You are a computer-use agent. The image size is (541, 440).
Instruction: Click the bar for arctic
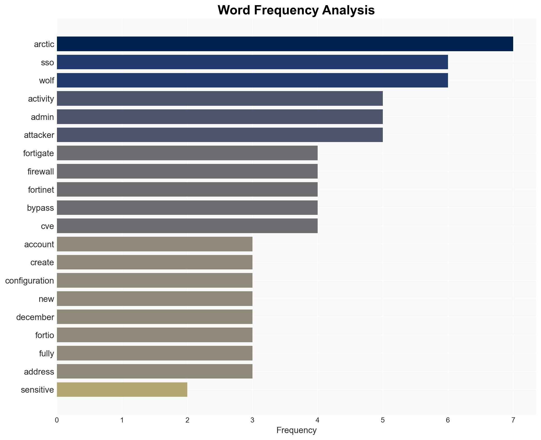pos(285,44)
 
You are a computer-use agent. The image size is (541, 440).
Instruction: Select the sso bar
pos(252,62)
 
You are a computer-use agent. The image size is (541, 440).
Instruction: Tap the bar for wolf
pos(252,80)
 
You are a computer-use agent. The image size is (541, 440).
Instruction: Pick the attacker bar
pos(219,135)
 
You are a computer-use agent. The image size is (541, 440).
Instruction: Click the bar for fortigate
pos(187,153)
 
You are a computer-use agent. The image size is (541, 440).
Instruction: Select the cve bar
pos(187,226)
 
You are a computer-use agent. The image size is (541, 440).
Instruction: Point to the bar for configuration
pos(155,280)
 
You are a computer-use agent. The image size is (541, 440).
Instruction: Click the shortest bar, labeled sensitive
pos(122,390)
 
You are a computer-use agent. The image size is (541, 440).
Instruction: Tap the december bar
pos(155,317)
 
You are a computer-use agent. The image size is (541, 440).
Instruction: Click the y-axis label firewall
pos(41,172)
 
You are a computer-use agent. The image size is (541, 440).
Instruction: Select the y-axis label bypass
pos(40,208)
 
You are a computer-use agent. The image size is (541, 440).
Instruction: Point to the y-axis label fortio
pos(45,335)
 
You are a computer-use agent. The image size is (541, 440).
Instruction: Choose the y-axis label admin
pos(42,117)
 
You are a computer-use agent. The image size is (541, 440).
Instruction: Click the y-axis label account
pos(39,244)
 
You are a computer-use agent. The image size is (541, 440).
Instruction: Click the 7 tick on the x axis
pos(513,420)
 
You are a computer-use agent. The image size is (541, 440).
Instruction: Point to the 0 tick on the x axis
pos(57,420)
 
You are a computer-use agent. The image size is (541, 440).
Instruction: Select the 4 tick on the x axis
pos(317,420)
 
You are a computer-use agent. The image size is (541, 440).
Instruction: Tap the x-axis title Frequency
pos(296,430)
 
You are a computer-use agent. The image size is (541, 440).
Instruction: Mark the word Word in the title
pos(234,10)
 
